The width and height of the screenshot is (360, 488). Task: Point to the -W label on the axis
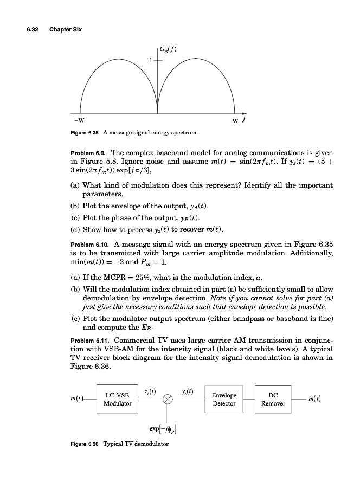coord(79,120)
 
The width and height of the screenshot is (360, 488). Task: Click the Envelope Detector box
coord(224,399)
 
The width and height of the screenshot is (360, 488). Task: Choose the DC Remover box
coord(273,399)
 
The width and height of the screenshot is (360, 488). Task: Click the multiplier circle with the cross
coord(168,399)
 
